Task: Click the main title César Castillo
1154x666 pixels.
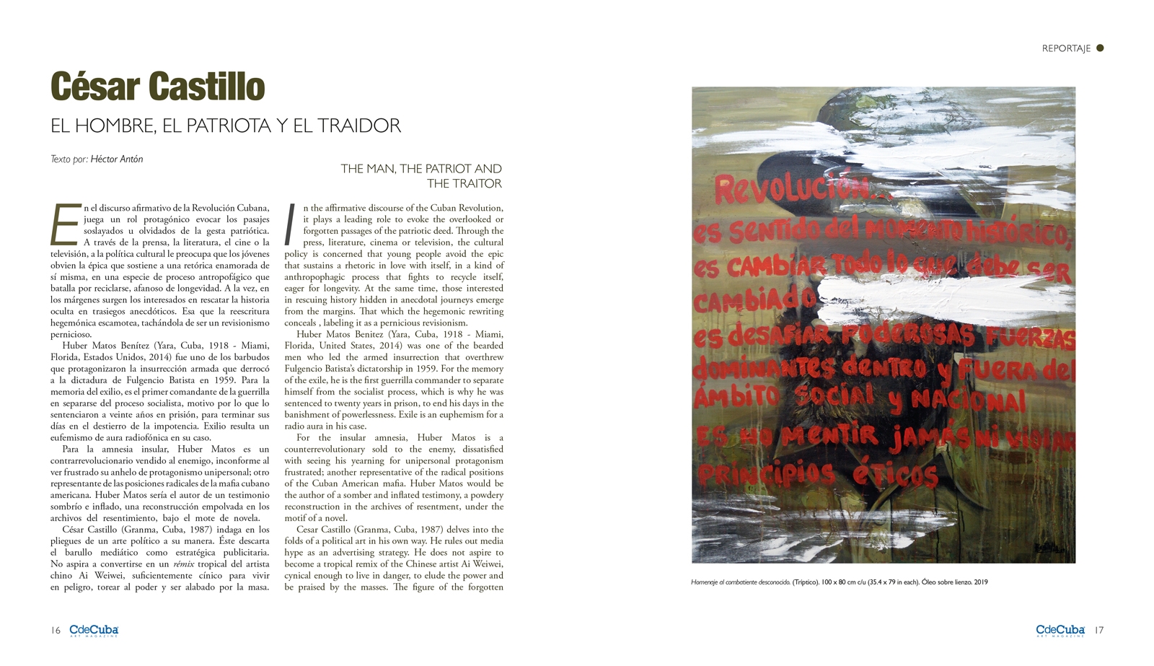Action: pos(157,87)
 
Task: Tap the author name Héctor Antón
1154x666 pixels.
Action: pos(117,159)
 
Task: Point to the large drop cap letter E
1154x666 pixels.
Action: pos(65,224)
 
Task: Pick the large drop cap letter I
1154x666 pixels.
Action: pos(291,224)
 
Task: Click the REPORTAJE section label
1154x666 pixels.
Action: pos(1065,48)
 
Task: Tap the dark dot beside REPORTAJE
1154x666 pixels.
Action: pos(1100,48)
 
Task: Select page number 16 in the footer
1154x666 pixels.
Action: pos(56,630)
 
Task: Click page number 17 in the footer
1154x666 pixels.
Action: pos(1098,630)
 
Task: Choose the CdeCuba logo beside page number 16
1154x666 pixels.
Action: pos(94,631)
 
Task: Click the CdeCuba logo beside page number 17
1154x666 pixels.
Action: pos(1060,631)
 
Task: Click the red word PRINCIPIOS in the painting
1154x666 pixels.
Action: pos(766,473)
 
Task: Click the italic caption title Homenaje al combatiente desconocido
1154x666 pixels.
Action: pos(740,582)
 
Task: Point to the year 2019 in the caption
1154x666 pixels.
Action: pos(980,582)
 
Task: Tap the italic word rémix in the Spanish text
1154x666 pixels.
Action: pos(185,564)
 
